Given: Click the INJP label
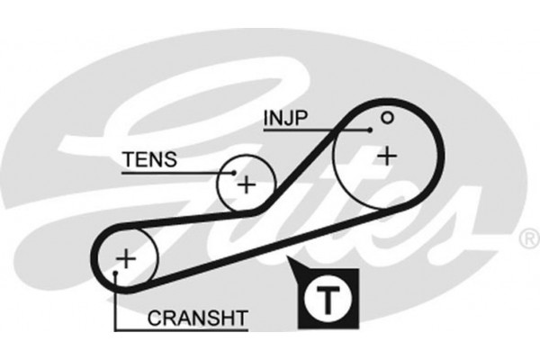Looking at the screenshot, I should [284, 118].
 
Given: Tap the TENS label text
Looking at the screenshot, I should [149, 160].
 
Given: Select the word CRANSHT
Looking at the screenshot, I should [197, 317].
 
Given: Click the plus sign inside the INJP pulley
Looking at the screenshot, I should [387, 157].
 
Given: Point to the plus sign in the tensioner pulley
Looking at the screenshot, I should [246, 184].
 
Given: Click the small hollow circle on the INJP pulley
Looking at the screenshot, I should [387, 117].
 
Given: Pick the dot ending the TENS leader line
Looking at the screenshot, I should [230, 172].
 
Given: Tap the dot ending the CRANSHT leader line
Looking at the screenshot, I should [116, 272].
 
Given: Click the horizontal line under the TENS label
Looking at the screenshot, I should [171, 172].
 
